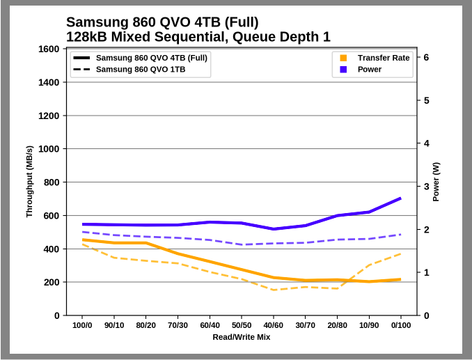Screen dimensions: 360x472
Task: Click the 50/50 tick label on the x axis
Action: pos(242,325)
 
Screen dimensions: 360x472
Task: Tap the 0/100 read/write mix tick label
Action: pos(401,325)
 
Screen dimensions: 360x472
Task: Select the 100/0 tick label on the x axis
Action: pos(82,325)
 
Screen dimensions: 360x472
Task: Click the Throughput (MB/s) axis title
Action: pos(29,182)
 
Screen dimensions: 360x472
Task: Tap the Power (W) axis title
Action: pos(436,182)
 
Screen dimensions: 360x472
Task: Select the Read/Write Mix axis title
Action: pos(242,337)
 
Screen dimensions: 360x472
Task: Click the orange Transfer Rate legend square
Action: pos(343,58)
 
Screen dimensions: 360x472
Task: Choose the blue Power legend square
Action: pos(343,70)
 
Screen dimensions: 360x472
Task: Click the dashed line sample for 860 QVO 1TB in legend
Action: pos(81,70)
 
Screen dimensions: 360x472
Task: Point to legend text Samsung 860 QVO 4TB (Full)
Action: pos(151,58)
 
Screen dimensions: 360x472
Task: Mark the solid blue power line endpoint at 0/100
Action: pos(401,198)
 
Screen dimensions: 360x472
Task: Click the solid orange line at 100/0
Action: pos(82,240)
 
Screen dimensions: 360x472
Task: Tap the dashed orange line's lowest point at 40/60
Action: pos(274,290)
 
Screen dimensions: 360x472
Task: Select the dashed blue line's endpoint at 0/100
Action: pos(401,234)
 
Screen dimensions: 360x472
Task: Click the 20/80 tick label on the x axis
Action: pos(337,325)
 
